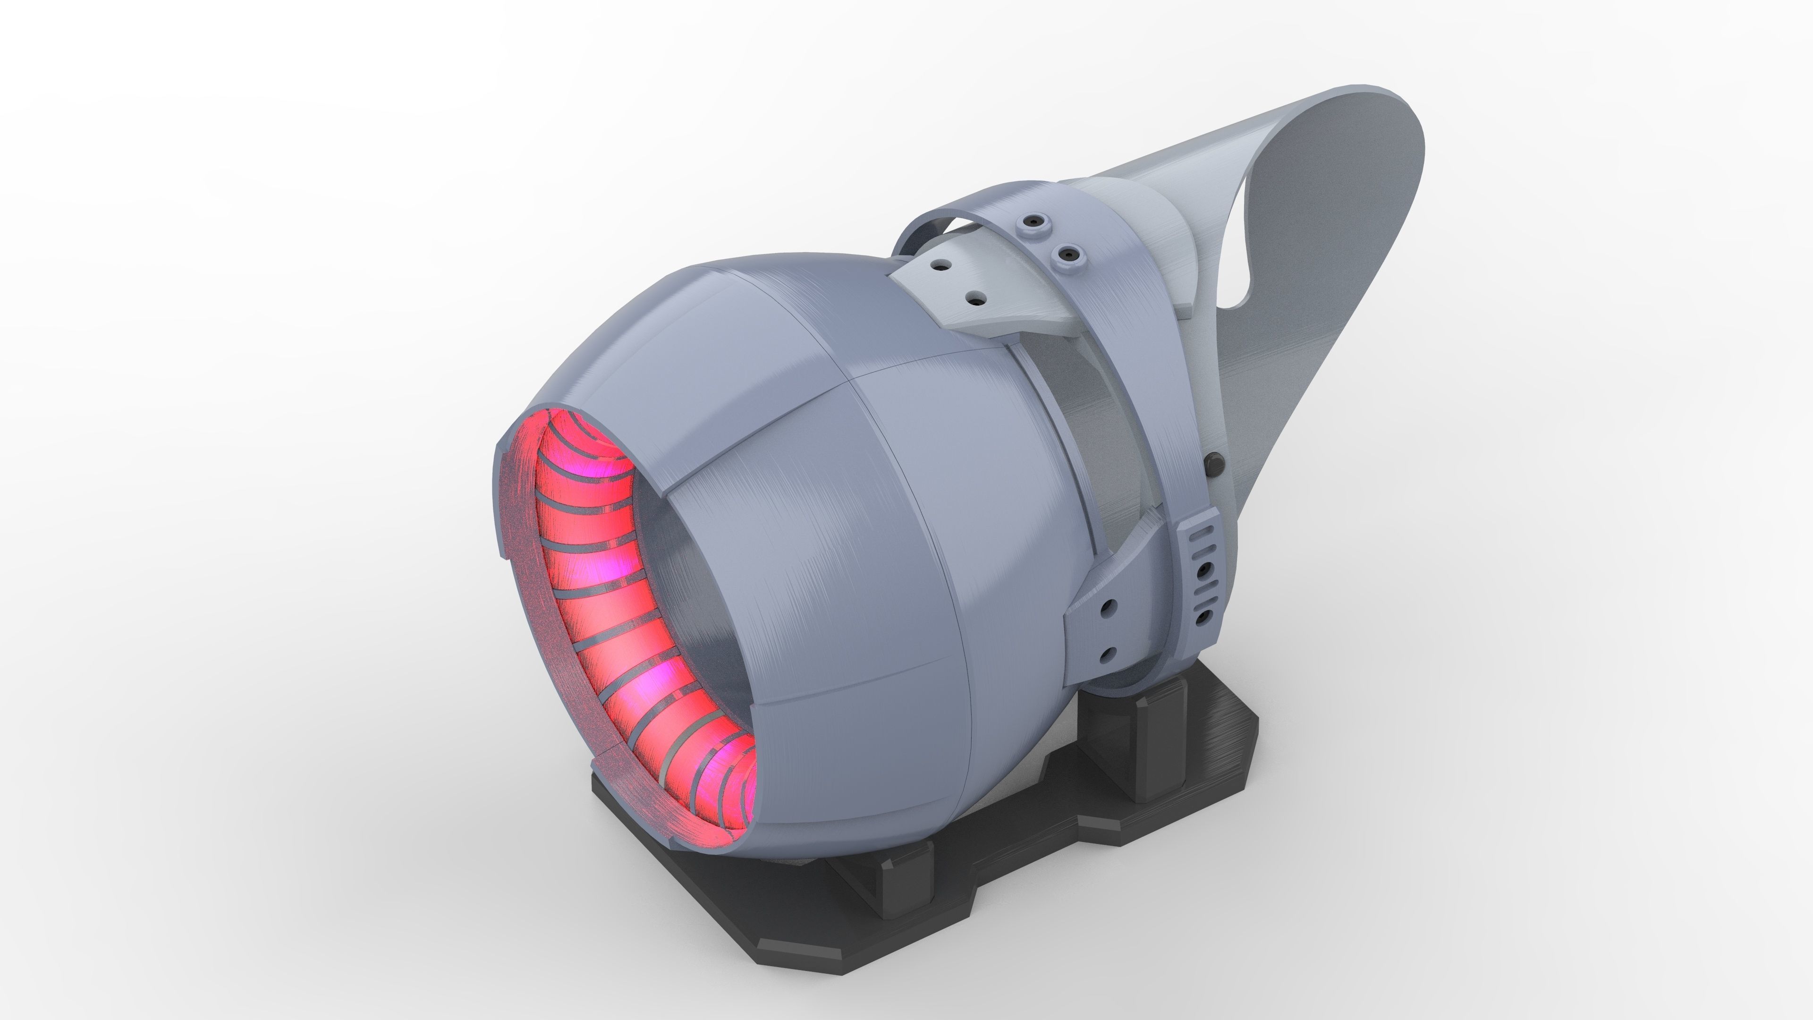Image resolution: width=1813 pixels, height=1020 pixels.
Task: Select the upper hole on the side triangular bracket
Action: pyautogui.click(x=1109, y=605)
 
